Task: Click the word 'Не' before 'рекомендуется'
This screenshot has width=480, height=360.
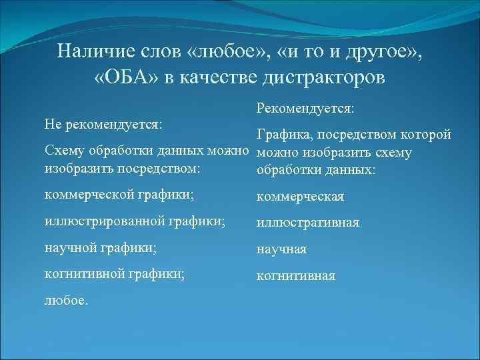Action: [x=52, y=124]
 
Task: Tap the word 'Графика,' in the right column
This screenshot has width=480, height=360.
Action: [x=285, y=136]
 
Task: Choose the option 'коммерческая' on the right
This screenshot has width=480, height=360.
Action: [x=300, y=197]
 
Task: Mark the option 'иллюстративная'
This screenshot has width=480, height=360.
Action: [x=308, y=222]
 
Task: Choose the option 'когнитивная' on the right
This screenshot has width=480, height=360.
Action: [x=296, y=275]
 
